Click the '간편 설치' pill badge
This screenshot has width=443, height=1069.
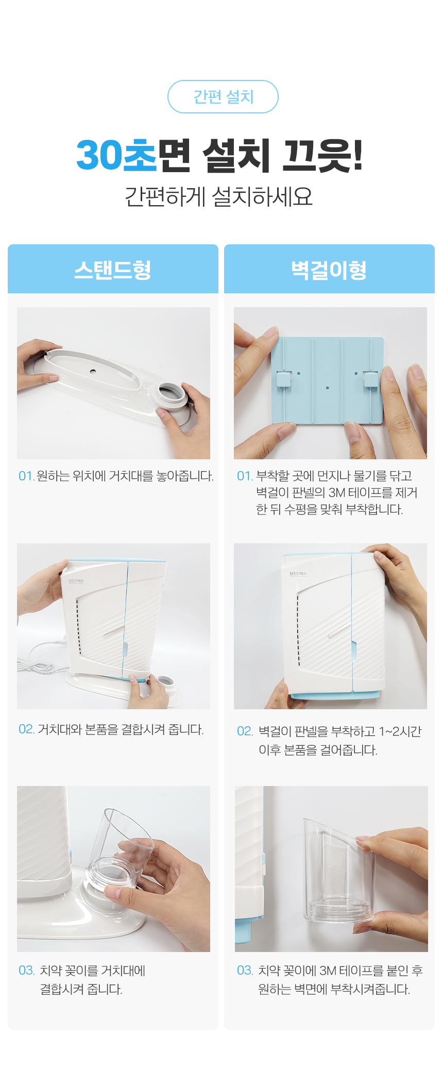(x=223, y=96)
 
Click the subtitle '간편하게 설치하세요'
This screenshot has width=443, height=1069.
(x=219, y=196)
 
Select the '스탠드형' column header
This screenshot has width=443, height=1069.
(x=113, y=270)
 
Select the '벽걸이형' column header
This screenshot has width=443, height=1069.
(x=329, y=270)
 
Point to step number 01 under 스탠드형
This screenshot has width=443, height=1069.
(x=26, y=476)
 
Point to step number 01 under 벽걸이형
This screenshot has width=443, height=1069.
(x=244, y=476)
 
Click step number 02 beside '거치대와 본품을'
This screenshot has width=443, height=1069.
(x=26, y=729)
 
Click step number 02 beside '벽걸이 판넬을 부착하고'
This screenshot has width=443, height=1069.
(x=245, y=731)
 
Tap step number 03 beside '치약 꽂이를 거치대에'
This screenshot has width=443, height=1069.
(x=26, y=971)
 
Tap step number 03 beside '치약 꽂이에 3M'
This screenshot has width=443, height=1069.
(x=245, y=971)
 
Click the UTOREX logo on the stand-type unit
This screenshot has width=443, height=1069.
(x=76, y=581)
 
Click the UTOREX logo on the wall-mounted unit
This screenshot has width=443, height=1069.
(x=298, y=573)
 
